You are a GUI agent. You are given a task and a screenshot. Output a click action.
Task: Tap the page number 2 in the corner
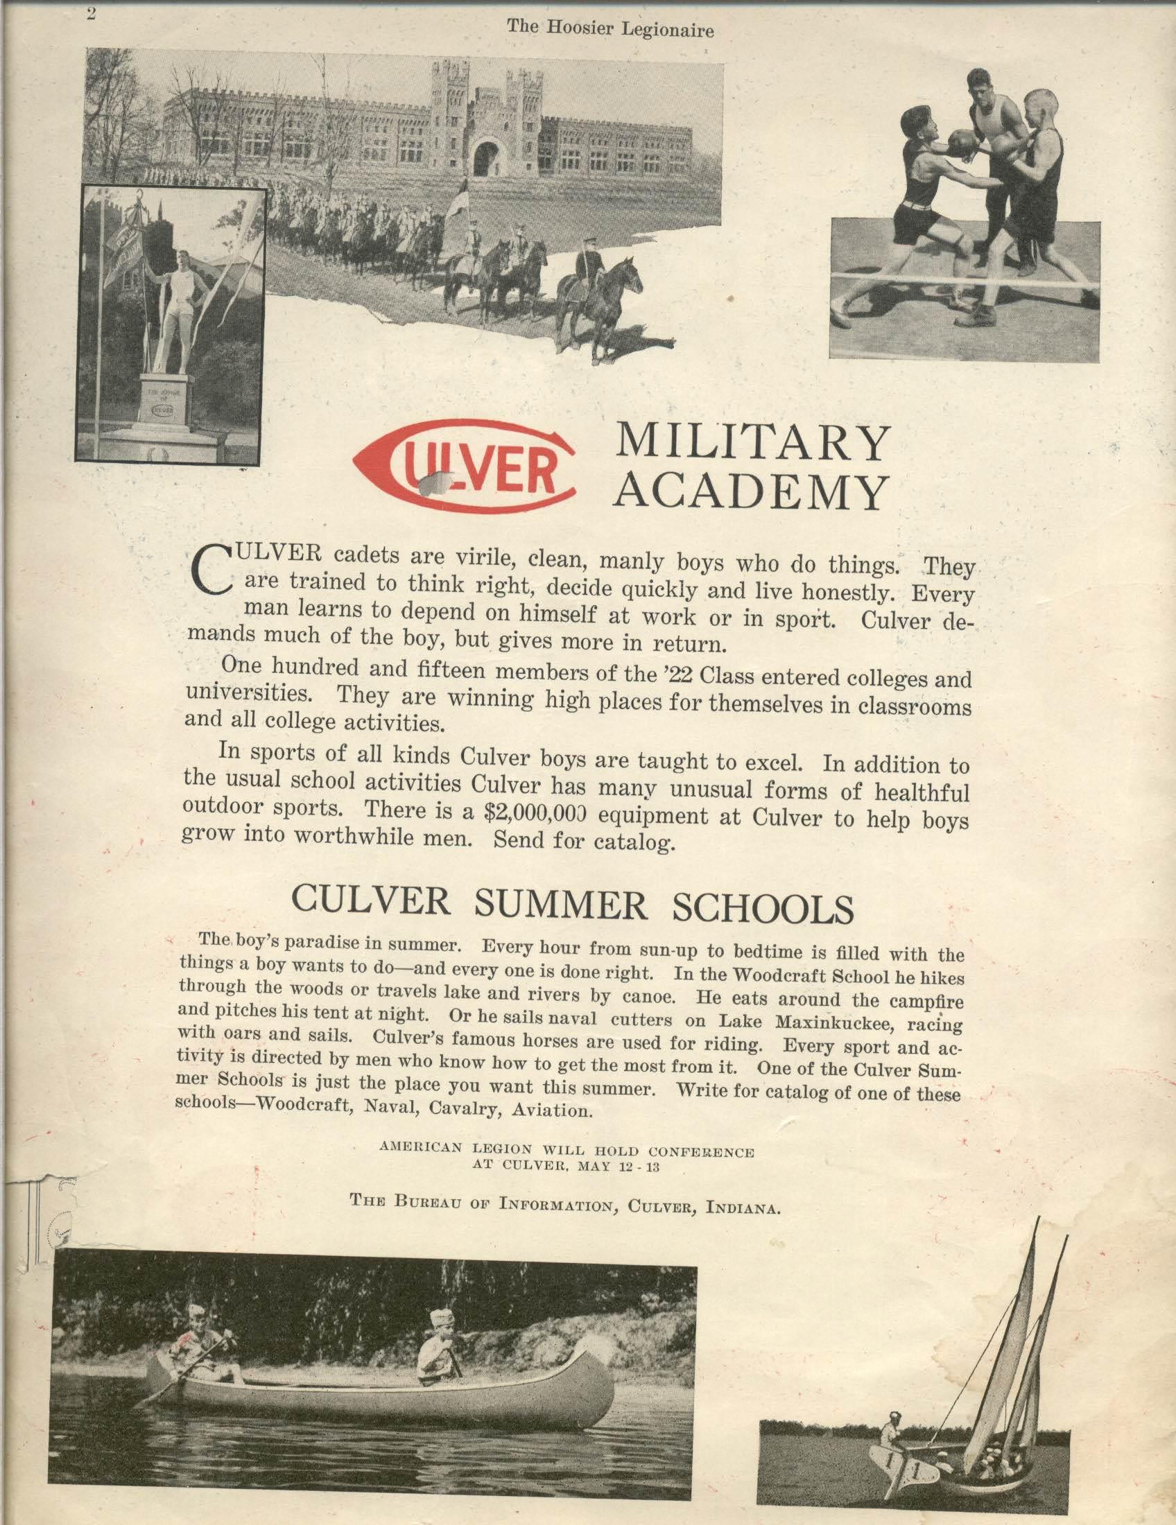point(91,13)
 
